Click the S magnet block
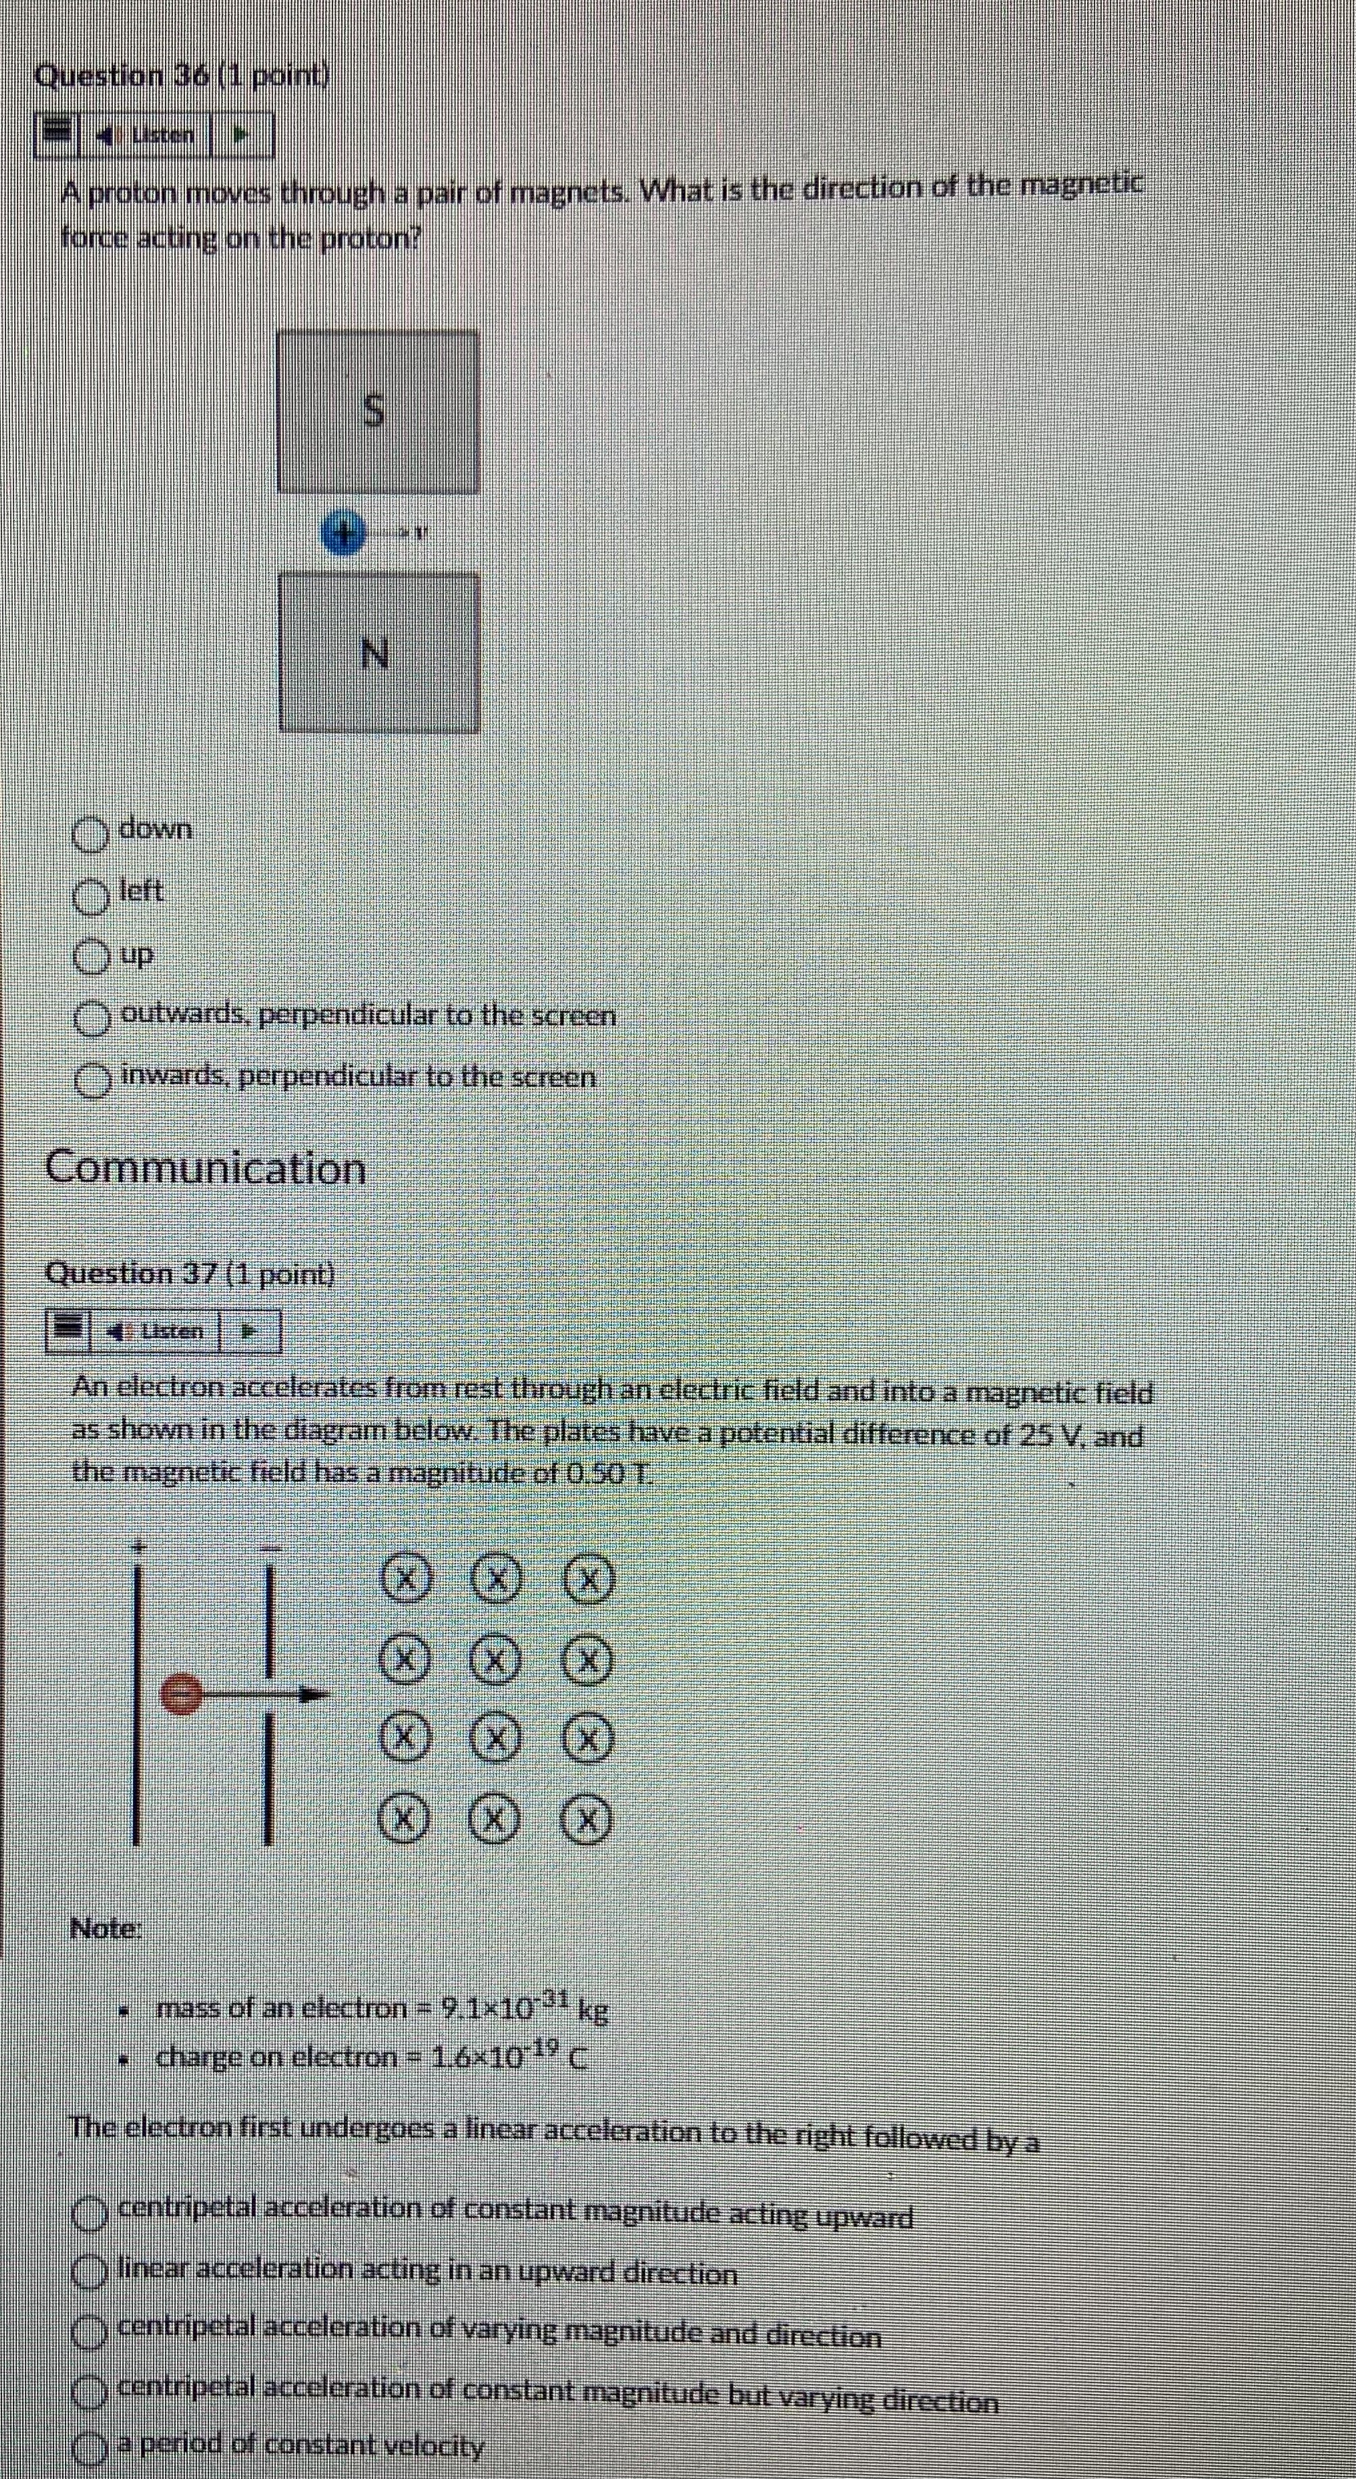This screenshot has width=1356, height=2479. click(378, 412)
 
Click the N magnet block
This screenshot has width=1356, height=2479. click(379, 653)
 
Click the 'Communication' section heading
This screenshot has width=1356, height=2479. click(206, 1170)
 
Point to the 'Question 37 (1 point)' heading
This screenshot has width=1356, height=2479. click(191, 1273)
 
